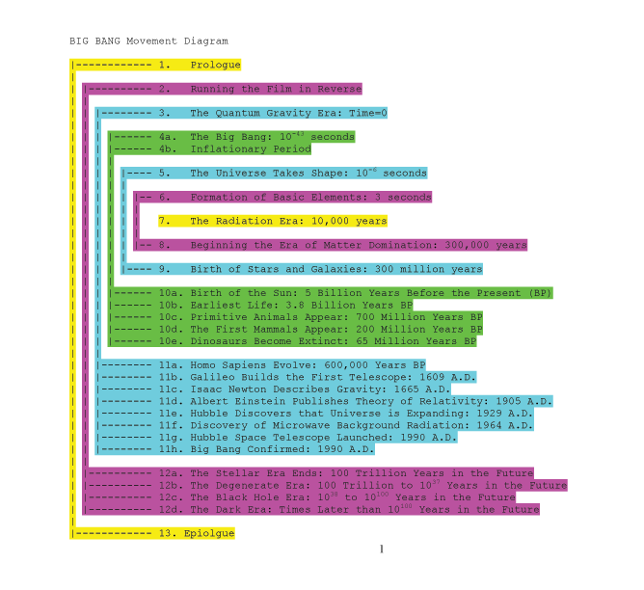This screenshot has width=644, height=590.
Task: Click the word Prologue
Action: coord(215,65)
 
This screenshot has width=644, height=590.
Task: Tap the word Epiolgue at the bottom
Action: coord(209,533)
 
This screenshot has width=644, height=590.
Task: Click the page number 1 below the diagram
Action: coord(382,549)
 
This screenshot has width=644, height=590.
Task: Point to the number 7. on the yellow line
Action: coord(164,221)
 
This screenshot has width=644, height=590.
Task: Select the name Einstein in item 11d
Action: coord(259,401)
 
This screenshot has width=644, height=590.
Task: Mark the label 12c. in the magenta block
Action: coord(168,497)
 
